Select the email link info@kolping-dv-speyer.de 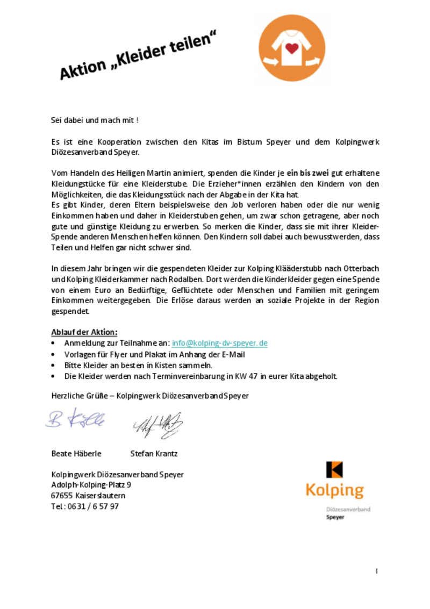pyautogui.click(x=219, y=343)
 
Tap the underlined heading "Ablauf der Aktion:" pyautogui.click(x=84, y=332)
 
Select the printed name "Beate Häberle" pyautogui.click(x=76, y=454)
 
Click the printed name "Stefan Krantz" pyautogui.click(x=154, y=454)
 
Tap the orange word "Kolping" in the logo pyautogui.click(x=334, y=490)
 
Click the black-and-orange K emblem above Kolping pyautogui.click(x=334, y=469)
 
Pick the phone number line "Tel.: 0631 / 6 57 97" pyautogui.click(x=85, y=506)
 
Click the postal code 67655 pyautogui.click(x=61, y=496)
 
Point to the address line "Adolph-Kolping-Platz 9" pyautogui.click(x=91, y=485)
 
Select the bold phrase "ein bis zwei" pyautogui.click(x=307, y=173)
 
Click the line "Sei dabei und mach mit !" pyautogui.click(x=95, y=120)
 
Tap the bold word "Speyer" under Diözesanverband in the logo pyautogui.click(x=335, y=517)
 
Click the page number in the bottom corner pyautogui.click(x=377, y=570)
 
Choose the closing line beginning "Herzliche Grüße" pyautogui.click(x=149, y=396)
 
